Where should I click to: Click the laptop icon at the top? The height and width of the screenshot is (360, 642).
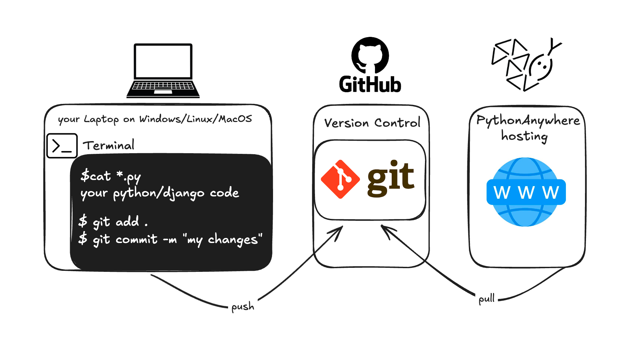[x=163, y=70]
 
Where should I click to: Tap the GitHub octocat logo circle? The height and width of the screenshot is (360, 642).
[x=370, y=55]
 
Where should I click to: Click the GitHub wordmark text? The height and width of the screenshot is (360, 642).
[x=370, y=84]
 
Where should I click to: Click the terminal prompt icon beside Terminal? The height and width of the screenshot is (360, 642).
[x=62, y=146]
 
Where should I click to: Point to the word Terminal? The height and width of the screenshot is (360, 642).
[x=109, y=145]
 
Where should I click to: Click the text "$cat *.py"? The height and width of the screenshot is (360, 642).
[x=110, y=176]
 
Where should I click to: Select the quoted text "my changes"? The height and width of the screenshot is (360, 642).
[x=223, y=239]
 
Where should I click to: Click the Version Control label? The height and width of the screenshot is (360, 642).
[x=372, y=123]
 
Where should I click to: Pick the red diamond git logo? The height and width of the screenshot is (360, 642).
[x=340, y=179]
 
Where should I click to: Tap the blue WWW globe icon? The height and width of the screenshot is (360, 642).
[x=526, y=192]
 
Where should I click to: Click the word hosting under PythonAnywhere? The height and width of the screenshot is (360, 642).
[x=524, y=136]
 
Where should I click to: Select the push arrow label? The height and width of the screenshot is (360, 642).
[x=243, y=307]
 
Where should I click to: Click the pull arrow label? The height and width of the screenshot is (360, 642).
[x=486, y=298]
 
